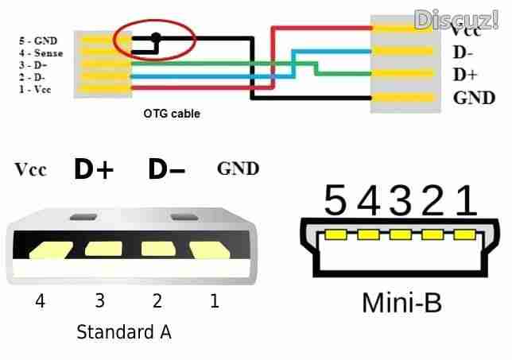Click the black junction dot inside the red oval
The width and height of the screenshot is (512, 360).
point(157,36)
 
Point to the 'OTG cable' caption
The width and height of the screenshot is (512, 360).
point(172,114)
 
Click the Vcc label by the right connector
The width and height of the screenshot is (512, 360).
point(465,32)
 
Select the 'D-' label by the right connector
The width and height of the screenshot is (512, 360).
point(463,54)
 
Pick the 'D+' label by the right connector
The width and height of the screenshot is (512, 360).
point(464,75)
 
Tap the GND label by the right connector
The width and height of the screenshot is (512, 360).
point(474,98)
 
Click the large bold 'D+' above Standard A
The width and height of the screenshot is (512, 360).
point(95,169)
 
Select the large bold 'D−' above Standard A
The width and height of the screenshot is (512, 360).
point(166,169)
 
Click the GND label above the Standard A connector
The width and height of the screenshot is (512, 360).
point(238,168)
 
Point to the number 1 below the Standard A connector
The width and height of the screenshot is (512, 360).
point(213,300)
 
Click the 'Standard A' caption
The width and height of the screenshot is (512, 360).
point(123,331)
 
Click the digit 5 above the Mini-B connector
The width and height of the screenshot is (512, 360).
point(336,202)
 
